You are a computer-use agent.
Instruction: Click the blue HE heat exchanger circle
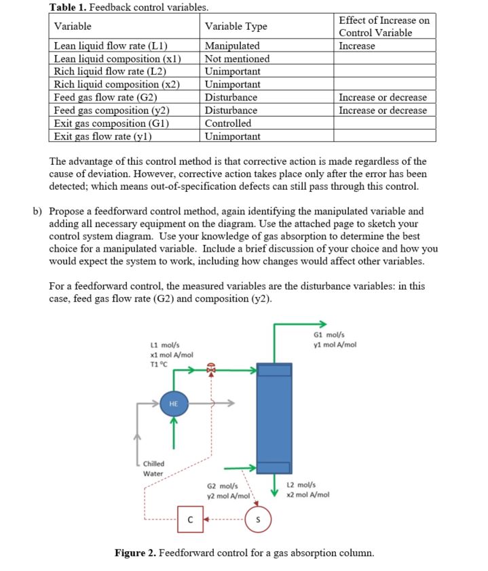point(173,403)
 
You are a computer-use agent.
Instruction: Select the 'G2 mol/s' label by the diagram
point(221,486)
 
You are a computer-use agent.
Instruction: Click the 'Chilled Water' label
point(153,469)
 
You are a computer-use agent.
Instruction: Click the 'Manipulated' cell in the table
point(232,46)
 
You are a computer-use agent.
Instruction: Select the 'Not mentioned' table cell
point(237,59)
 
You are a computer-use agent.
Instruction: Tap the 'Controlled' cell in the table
point(228,123)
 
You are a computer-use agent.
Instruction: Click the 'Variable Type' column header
point(236,26)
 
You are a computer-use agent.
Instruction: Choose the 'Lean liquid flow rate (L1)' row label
point(111,46)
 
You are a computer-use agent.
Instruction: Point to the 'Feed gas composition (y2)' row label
point(111,111)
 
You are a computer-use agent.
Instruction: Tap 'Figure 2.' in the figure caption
point(136,553)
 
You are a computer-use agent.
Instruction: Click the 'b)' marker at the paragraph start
point(39,211)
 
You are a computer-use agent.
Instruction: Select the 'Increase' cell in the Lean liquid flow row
point(357,46)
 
